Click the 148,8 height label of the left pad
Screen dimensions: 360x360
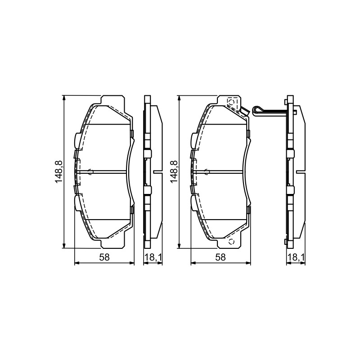point(59,172)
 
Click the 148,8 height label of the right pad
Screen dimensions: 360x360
point(174,172)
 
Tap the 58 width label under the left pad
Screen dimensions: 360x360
point(104,257)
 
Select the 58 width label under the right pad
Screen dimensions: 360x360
point(220,257)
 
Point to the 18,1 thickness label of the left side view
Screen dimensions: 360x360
point(153,257)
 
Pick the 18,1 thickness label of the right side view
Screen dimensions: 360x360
point(296,257)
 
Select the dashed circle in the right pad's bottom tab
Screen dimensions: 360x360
point(231,242)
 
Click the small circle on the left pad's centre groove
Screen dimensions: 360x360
point(90,171)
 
